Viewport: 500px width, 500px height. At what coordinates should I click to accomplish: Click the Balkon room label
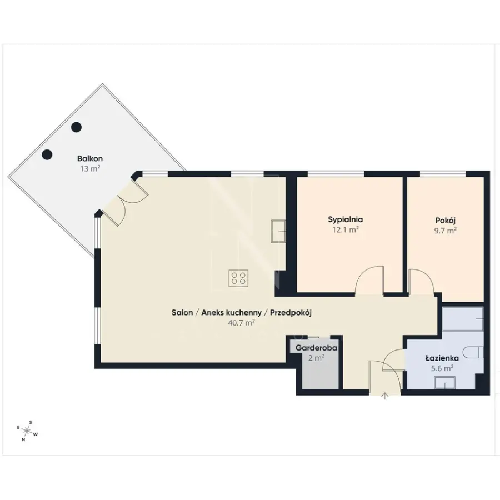(90, 158)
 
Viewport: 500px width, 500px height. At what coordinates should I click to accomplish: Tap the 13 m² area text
(90, 168)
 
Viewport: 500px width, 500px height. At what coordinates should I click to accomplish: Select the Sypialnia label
(346, 219)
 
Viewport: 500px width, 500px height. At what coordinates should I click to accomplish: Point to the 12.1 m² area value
(346, 229)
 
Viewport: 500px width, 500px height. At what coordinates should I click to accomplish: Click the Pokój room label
(445, 221)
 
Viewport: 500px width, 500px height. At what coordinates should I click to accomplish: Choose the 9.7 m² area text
(445, 231)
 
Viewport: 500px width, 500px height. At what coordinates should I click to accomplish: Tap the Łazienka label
(442, 358)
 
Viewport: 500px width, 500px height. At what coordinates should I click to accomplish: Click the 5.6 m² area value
(442, 368)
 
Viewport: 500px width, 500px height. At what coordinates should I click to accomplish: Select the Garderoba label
(316, 348)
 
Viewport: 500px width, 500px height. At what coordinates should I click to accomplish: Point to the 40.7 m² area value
(241, 323)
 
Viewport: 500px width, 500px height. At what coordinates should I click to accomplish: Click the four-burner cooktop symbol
(238, 278)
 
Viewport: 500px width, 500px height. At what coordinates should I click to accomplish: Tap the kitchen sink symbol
(278, 231)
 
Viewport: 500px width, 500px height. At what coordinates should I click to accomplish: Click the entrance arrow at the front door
(385, 396)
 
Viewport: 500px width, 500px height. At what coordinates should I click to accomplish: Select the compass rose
(27, 431)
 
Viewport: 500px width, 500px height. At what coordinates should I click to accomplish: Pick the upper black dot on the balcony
(76, 127)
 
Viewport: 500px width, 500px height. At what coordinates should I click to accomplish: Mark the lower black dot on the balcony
(47, 154)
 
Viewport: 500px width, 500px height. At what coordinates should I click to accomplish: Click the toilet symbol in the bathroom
(474, 352)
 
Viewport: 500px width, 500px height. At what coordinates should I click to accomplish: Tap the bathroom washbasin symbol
(444, 382)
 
